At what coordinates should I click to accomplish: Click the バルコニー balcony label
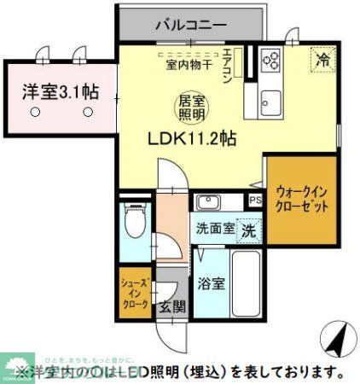coord(190,24)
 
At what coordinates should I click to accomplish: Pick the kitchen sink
coord(272,96)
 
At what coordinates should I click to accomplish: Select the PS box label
coord(254,201)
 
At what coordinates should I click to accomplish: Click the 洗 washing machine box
coord(249,229)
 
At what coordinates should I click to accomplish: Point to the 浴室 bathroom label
coord(213,282)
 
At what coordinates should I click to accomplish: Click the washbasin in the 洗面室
coord(208,202)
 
